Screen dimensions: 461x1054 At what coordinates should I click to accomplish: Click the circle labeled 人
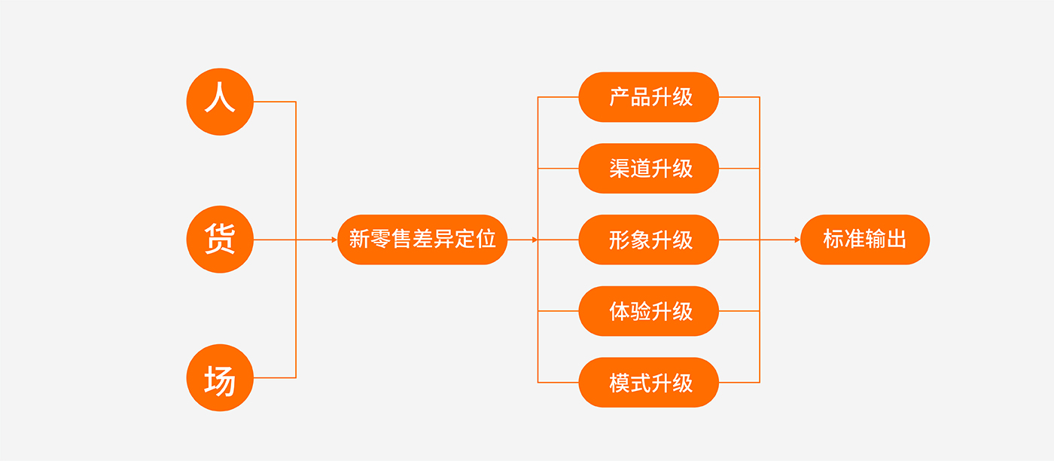(x=220, y=101)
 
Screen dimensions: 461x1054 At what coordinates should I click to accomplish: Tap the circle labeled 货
(x=220, y=240)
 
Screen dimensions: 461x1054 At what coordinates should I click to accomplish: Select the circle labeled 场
(x=220, y=377)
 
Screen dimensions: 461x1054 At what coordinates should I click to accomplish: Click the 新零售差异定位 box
(x=422, y=240)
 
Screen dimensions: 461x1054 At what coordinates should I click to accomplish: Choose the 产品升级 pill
(x=649, y=97)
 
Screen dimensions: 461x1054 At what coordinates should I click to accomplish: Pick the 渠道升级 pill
(x=649, y=168)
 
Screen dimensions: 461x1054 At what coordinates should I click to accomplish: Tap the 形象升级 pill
(x=649, y=240)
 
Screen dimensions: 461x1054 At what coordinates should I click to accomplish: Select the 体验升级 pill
(x=649, y=311)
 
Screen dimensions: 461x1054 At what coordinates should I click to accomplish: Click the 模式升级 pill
(x=649, y=382)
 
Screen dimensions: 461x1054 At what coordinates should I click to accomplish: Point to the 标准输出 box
(x=865, y=240)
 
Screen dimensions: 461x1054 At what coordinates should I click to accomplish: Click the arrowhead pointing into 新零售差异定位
(x=334, y=240)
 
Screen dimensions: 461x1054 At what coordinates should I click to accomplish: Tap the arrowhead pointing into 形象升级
(x=535, y=240)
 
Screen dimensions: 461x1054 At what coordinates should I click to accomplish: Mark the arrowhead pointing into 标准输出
(x=797, y=240)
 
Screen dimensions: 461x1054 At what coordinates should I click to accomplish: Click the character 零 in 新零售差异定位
(x=379, y=240)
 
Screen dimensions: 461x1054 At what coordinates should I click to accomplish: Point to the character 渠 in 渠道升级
(x=620, y=168)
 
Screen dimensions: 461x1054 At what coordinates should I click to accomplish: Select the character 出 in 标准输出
(x=897, y=240)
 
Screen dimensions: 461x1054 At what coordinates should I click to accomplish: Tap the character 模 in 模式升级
(x=620, y=383)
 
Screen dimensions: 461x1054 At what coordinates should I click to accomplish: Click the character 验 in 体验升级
(x=641, y=311)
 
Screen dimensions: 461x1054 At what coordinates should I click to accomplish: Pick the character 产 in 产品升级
(x=620, y=97)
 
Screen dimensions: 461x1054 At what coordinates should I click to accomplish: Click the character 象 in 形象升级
(x=641, y=240)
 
